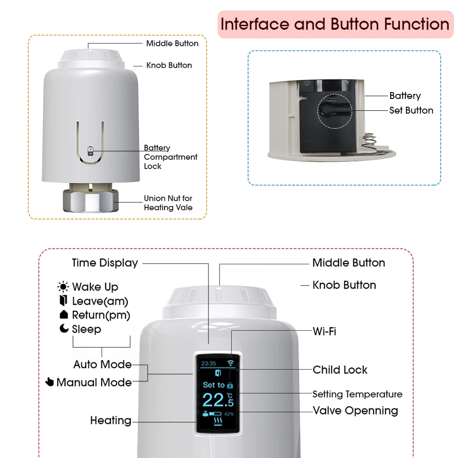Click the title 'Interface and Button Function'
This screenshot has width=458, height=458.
click(x=335, y=24)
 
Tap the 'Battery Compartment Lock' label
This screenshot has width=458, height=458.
click(x=170, y=157)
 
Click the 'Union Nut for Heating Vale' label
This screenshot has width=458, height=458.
click(x=168, y=203)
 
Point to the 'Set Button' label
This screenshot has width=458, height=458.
click(x=411, y=110)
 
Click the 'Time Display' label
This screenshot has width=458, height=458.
click(x=105, y=263)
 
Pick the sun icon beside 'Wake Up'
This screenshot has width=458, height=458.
click(x=63, y=287)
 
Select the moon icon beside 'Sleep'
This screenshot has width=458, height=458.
click(x=64, y=328)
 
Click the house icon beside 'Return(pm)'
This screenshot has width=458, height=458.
click(x=64, y=315)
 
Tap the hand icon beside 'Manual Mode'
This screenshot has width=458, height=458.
click(x=50, y=382)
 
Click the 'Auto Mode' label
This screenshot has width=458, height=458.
click(x=103, y=365)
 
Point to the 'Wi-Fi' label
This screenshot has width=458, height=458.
click(x=324, y=331)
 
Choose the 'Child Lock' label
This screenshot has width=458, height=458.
click(x=340, y=370)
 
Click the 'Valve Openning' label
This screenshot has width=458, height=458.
click(x=355, y=411)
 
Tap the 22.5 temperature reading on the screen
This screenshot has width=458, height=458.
click(x=217, y=400)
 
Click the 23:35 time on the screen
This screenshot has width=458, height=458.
click(x=209, y=364)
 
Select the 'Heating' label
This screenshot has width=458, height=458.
click(x=110, y=420)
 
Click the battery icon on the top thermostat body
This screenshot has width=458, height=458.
click(x=91, y=151)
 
